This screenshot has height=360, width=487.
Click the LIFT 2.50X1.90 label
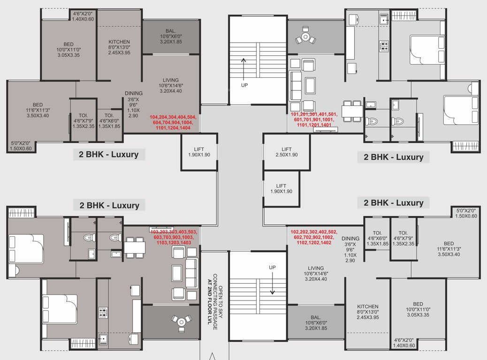click(x=287, y=152)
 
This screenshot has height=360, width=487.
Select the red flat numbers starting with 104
click(x=174, y=122)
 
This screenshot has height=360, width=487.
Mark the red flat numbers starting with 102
click(x=313, y=238)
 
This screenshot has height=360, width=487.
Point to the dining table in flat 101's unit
click(x=351, y=111)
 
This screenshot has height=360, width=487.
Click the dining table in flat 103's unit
click(x=134, y=247)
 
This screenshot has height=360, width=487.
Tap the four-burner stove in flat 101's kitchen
click(x=384, y=46)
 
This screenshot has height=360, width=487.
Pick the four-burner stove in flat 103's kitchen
click(x=103, y=312)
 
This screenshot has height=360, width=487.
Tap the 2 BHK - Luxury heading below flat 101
click(x=393, y=157)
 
